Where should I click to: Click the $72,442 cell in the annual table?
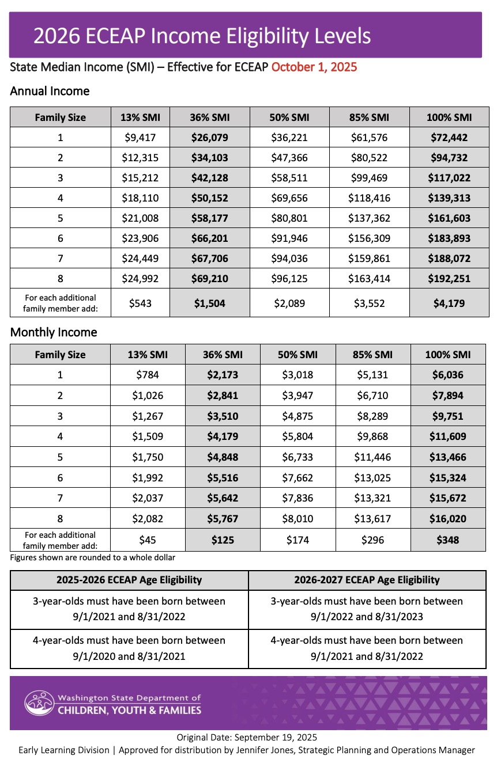click(x=449, y=138)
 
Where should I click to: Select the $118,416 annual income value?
click(x=369, y=198)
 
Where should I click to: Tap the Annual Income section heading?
click(x=50, y=91)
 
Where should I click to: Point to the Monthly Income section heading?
click(x=54, y=332)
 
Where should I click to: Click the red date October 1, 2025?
click(x=314, y=67)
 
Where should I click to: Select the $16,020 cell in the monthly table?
click(x=447, y=519)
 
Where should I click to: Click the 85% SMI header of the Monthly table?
click(x=373, y=355)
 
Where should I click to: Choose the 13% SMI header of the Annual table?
click(x=141, y=117)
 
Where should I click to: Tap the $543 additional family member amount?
click(x=141, y=303)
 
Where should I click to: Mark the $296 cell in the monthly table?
click(x=373, y=540)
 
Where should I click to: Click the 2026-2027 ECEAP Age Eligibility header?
click(x=367, y=580)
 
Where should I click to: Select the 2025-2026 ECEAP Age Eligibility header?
click(x=129, y=580)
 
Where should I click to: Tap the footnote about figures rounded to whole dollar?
click(x=93, y=557)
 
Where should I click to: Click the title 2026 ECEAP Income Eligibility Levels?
click(x=202, y=36)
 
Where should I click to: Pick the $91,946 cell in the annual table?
click(x=289, y=238)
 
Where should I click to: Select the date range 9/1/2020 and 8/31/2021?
click(x=129, y=656)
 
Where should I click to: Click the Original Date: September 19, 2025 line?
click(x=247, y=738)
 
